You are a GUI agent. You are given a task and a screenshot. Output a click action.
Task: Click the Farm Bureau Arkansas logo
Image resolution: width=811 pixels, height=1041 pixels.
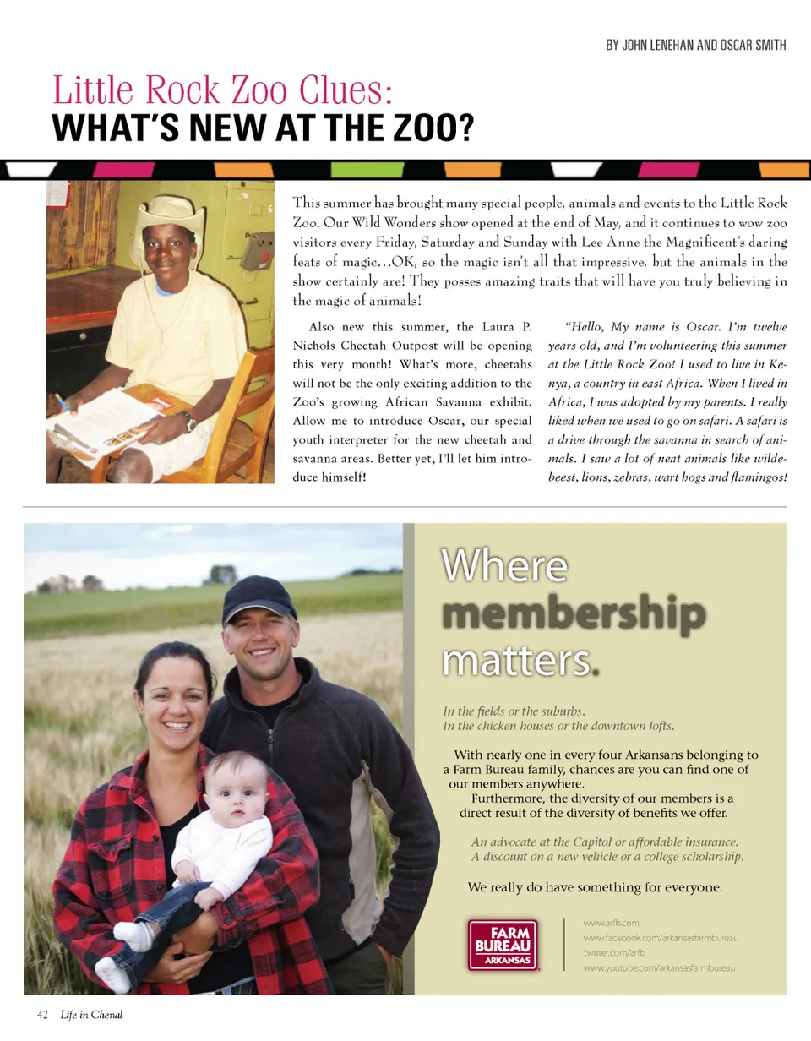[503, 944]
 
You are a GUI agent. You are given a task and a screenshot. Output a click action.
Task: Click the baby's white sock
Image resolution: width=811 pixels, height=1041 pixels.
[133, 934]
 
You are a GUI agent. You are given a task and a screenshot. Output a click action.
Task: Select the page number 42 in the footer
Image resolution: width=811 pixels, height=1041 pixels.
[43, 1015]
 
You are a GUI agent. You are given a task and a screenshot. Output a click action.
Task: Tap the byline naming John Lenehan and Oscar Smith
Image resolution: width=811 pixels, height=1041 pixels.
[695, 45]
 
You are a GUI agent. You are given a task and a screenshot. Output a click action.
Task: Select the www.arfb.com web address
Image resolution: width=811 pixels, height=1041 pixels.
[611, 922]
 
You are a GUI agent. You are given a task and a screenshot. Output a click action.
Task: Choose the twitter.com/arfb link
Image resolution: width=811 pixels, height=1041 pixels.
[608, 952]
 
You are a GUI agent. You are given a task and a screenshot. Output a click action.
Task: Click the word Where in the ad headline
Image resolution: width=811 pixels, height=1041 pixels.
[504, 566]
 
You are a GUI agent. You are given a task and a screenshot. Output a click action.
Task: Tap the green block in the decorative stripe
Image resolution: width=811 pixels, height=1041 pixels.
[355, 169]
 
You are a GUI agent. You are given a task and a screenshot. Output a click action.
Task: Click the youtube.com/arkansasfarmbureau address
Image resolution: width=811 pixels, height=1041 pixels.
[659, 967]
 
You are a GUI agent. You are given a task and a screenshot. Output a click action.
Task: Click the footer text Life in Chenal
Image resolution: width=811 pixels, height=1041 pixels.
[91, 1015]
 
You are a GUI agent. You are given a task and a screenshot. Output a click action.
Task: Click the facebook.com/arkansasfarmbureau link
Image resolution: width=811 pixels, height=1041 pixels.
[661, 937]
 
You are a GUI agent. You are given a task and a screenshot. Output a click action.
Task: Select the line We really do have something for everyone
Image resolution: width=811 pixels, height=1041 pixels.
[595, 887]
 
